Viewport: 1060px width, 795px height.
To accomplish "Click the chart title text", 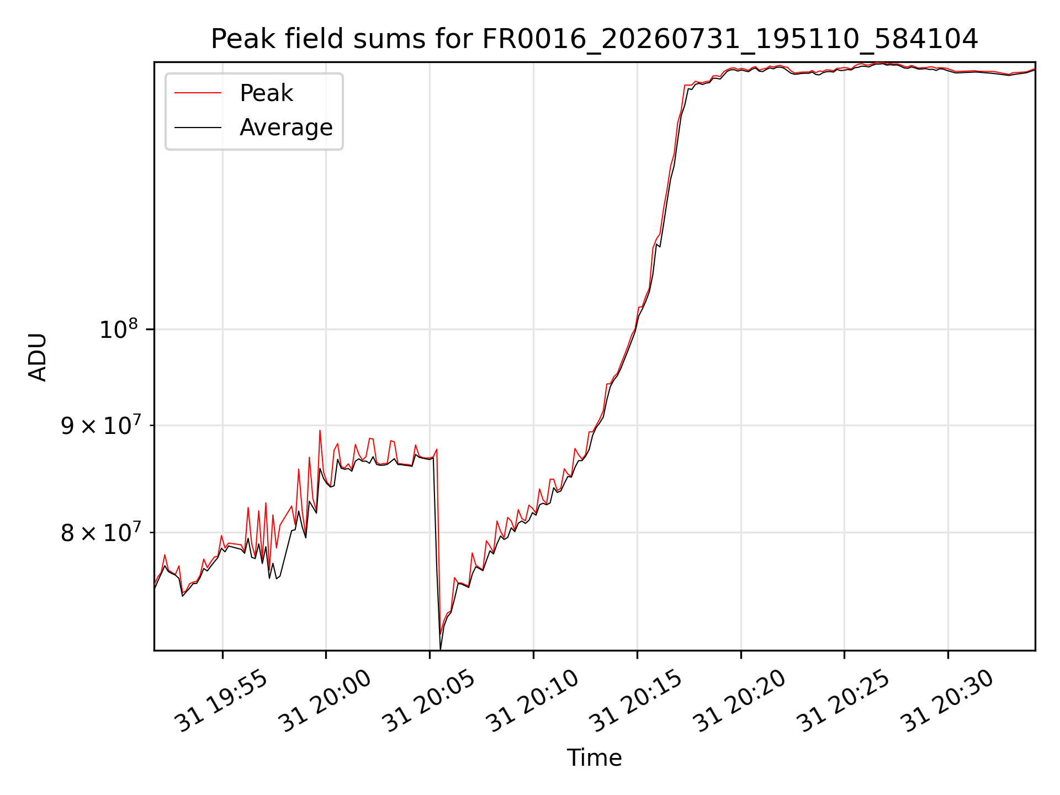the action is click(595, 39).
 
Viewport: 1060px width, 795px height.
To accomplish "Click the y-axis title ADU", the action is click(38, 357).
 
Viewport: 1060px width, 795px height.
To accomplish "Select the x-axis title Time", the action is click(594, 758).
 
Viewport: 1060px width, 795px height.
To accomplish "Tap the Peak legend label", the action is click(266, 93).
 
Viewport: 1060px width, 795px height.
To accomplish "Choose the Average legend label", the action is click(286, 128).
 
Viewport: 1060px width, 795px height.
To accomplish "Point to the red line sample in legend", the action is click(198, 93).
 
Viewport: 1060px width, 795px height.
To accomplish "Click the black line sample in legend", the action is click(198, 128).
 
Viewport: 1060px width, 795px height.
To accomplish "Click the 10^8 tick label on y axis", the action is click(119, 329).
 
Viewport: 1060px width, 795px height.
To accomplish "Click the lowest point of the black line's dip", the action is click(440, 649).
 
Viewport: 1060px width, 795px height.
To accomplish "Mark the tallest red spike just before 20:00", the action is click(320, 431).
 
